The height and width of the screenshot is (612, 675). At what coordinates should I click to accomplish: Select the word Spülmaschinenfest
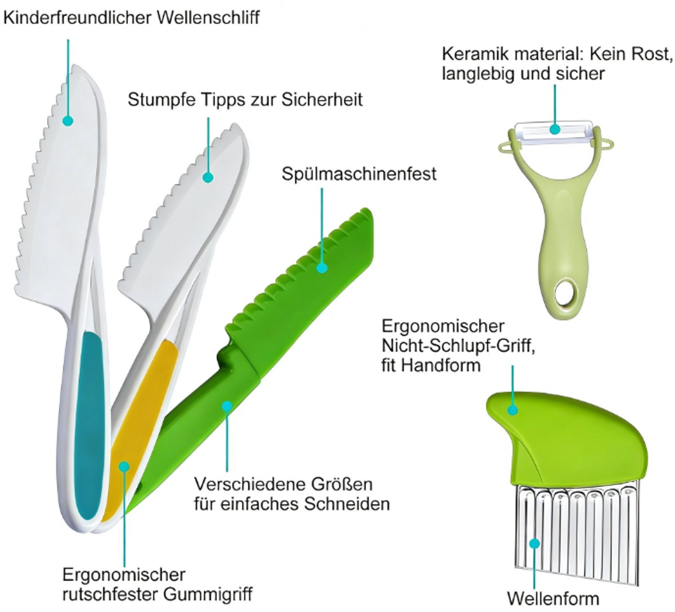[x=359, y=174]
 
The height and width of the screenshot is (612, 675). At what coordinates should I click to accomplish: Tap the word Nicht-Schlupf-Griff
[x=458, y=346]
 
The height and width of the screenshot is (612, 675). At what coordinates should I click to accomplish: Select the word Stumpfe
[x=161, y=100]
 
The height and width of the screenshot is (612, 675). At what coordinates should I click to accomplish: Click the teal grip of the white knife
[x=88, y=427]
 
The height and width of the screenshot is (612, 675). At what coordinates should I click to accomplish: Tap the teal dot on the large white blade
[x=68, y=121]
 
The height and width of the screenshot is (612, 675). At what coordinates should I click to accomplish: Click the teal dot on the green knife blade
[x=322, y=268]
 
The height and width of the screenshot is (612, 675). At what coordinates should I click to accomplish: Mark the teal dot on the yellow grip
[x=124, y=466]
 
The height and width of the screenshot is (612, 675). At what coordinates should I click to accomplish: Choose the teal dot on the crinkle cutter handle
[x=512, y=410]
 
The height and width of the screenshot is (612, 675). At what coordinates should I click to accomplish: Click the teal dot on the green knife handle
[x=227, y=406]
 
